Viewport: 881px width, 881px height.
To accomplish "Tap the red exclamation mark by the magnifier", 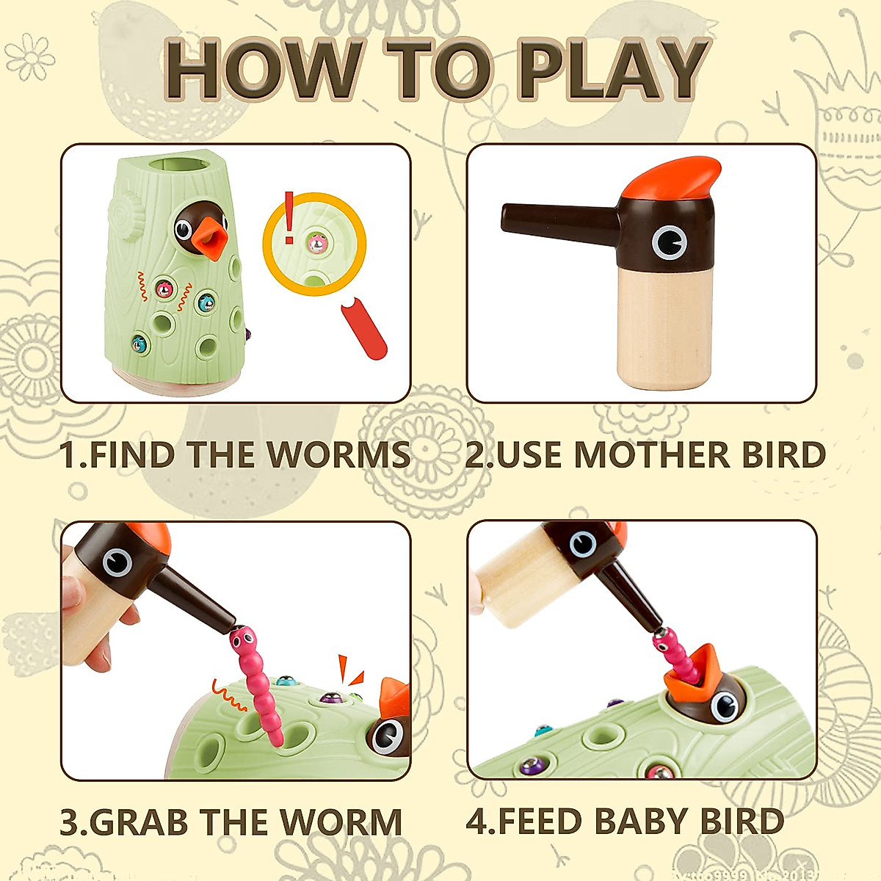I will pyautogui.click(x=289, y=217).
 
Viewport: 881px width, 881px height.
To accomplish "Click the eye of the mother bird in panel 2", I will pyautogui.click(x=669, y=242).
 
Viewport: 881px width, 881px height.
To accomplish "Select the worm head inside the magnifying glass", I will pyautogui.click(x=316, y=242).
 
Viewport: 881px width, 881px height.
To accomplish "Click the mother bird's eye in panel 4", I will pyautogui.click(x=583, y=543).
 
